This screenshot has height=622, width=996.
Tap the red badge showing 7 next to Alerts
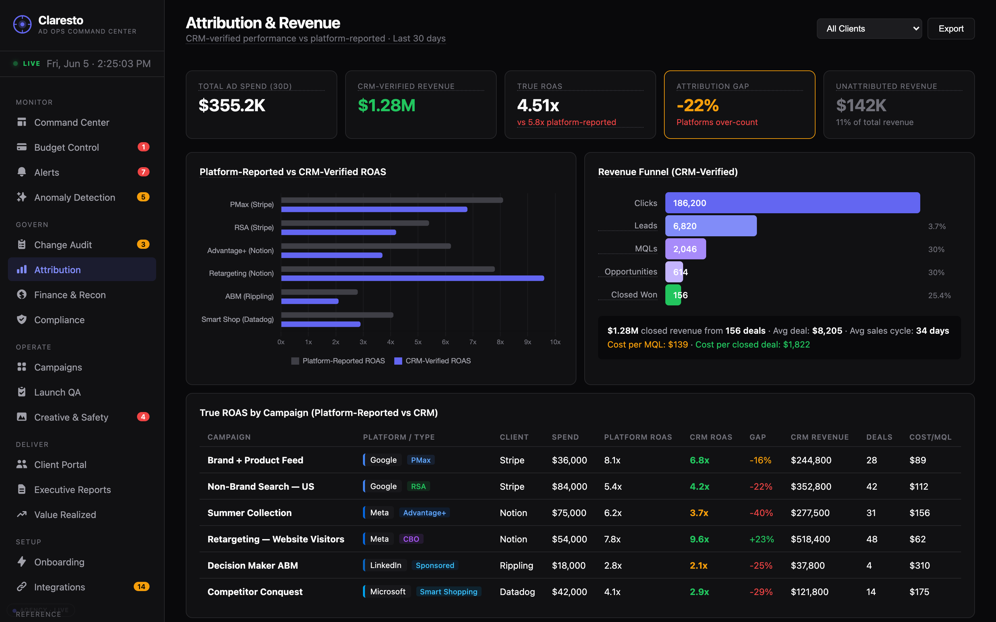[143, 172]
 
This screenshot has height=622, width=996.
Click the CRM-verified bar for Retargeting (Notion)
[412, 278]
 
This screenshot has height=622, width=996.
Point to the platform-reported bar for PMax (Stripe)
[392, 200]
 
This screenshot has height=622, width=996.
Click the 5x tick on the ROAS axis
[418, 342]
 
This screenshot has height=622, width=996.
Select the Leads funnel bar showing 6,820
[711, 226]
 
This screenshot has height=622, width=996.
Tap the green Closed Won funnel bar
[673, 295]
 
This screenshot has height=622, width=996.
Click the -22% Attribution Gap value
[698, 105]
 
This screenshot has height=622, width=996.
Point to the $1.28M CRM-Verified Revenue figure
[386, 105]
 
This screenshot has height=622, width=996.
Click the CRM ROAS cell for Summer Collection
[699, 513]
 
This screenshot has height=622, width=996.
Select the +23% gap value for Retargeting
[761, 539]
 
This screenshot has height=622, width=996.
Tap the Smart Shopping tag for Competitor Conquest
[449, 592]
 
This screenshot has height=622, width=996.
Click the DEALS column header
[879, 437]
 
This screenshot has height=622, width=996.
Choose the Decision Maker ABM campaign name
[253, 566]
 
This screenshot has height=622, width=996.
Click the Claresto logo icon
[22, 24]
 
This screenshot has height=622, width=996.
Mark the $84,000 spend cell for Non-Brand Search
[569, 487]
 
